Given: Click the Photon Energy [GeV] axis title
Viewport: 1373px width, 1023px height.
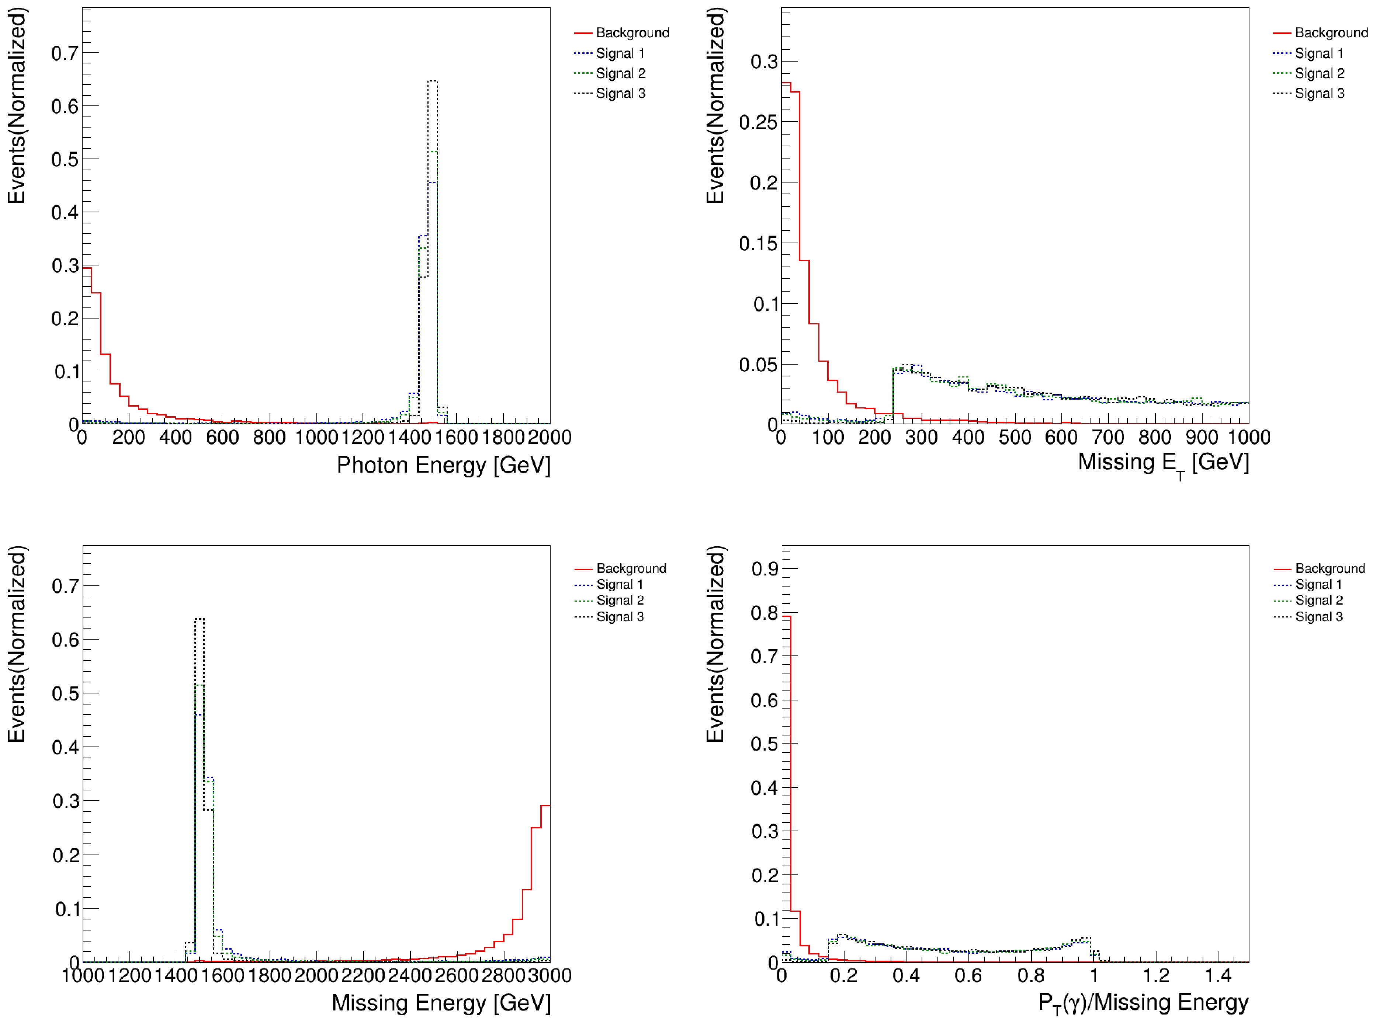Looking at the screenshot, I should tap(443, 465).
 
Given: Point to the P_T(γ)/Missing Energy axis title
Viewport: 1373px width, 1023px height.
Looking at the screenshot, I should tap(1143, 1003).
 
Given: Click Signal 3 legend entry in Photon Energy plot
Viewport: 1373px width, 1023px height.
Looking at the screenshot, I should tap(620, 94).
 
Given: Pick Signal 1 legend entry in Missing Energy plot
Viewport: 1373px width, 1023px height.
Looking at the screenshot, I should tap(619, 585).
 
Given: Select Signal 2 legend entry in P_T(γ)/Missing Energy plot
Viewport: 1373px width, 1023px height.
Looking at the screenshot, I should tap(1318, 600).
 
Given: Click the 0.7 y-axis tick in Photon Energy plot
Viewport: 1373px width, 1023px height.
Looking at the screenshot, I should tap(65, 53).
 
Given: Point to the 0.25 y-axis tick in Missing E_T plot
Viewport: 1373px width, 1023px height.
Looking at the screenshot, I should tap(757, 122).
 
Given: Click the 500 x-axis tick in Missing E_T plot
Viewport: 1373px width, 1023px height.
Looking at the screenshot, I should tap(1015, 437).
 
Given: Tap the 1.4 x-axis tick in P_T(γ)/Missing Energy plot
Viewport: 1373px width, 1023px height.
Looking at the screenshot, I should tap(1217, 975).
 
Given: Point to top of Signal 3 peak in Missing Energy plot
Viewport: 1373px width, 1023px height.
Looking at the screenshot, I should tap(200, 619).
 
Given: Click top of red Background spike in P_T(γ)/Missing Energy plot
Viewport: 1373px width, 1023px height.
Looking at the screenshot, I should tap(786, 616).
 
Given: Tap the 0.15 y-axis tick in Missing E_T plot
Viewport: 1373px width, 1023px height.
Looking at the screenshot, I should tap(757, 243).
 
